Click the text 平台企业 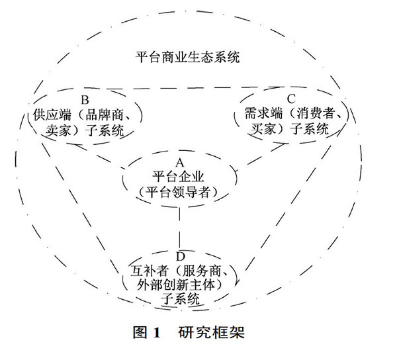(179, 177)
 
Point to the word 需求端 (257, 114)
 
